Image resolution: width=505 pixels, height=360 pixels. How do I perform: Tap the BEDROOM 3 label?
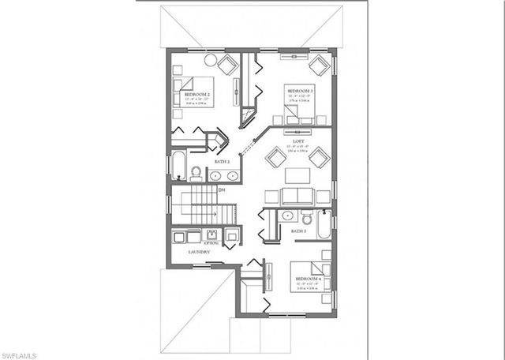pos(301,91)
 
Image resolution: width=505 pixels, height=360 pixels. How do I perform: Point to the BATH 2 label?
pos(223,161)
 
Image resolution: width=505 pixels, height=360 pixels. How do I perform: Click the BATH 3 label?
pos(297,231)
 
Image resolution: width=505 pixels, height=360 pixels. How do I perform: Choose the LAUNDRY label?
pos(199,252)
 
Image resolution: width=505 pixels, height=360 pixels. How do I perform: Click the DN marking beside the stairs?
pos(222,189)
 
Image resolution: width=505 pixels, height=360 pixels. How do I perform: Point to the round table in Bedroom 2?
pos(211,59)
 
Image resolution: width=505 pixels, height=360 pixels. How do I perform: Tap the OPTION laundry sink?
pos(211,234)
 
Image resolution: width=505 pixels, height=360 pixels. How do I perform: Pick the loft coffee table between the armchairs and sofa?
pos(297,175)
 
